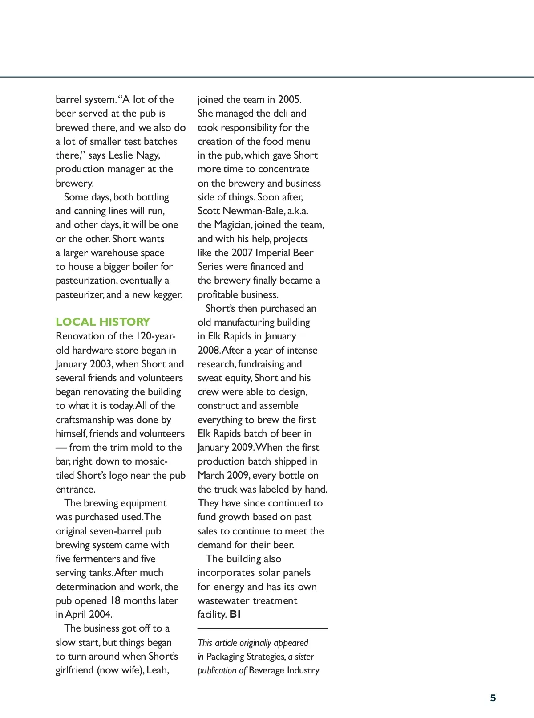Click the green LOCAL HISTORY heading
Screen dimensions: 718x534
[103, 322]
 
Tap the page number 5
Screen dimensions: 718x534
[493, 698]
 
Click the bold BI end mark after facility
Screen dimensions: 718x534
[235, 614]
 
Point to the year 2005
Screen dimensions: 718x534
[289, 99]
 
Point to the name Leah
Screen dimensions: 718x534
[157, 670]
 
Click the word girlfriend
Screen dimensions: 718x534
[74, 670]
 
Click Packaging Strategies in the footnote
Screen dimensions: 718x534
[245, 657]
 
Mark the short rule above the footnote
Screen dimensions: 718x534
[263, 628]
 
